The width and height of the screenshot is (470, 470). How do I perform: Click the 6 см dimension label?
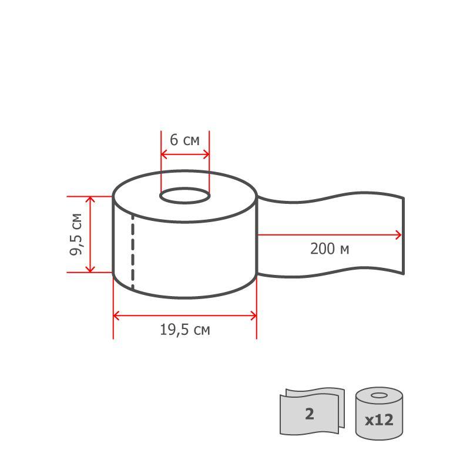184,140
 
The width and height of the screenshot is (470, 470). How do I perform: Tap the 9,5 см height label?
76,234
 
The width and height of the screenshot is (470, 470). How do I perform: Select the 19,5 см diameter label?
184,330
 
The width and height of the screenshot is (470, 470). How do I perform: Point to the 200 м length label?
330,249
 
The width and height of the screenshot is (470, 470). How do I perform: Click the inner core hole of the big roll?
184,196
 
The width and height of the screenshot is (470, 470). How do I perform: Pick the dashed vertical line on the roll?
133,253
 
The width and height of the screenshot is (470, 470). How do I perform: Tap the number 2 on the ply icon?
309,414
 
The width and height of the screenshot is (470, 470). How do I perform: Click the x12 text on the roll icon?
379,421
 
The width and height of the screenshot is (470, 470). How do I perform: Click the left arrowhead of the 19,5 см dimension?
116,316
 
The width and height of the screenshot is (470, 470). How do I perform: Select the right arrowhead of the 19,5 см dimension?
253,316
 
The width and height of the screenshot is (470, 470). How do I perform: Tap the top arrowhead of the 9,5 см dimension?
90,200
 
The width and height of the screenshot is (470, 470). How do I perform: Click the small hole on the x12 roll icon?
379,395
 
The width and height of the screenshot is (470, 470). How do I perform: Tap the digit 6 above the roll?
174,140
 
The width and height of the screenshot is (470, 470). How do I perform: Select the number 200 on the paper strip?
322,249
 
